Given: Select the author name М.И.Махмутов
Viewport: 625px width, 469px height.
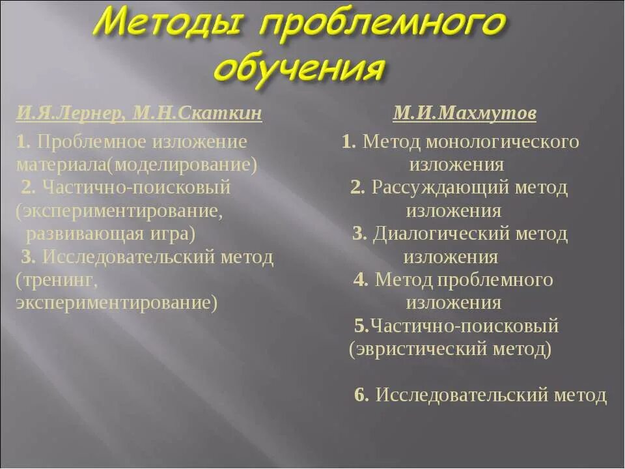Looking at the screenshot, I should pos(465,114).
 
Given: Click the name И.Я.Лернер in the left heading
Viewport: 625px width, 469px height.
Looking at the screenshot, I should pos(71,114).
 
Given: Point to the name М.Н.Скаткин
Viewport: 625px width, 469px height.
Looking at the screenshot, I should pos(198,114).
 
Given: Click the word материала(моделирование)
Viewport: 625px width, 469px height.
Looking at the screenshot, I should pos(137,164).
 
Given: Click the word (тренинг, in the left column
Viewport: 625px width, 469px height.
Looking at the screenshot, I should pos(57,280).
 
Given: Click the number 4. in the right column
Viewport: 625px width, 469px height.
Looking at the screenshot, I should pos(361,280).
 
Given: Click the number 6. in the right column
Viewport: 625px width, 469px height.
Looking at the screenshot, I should pos(362,395).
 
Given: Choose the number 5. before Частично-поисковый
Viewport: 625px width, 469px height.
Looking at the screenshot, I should pos(362,326).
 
